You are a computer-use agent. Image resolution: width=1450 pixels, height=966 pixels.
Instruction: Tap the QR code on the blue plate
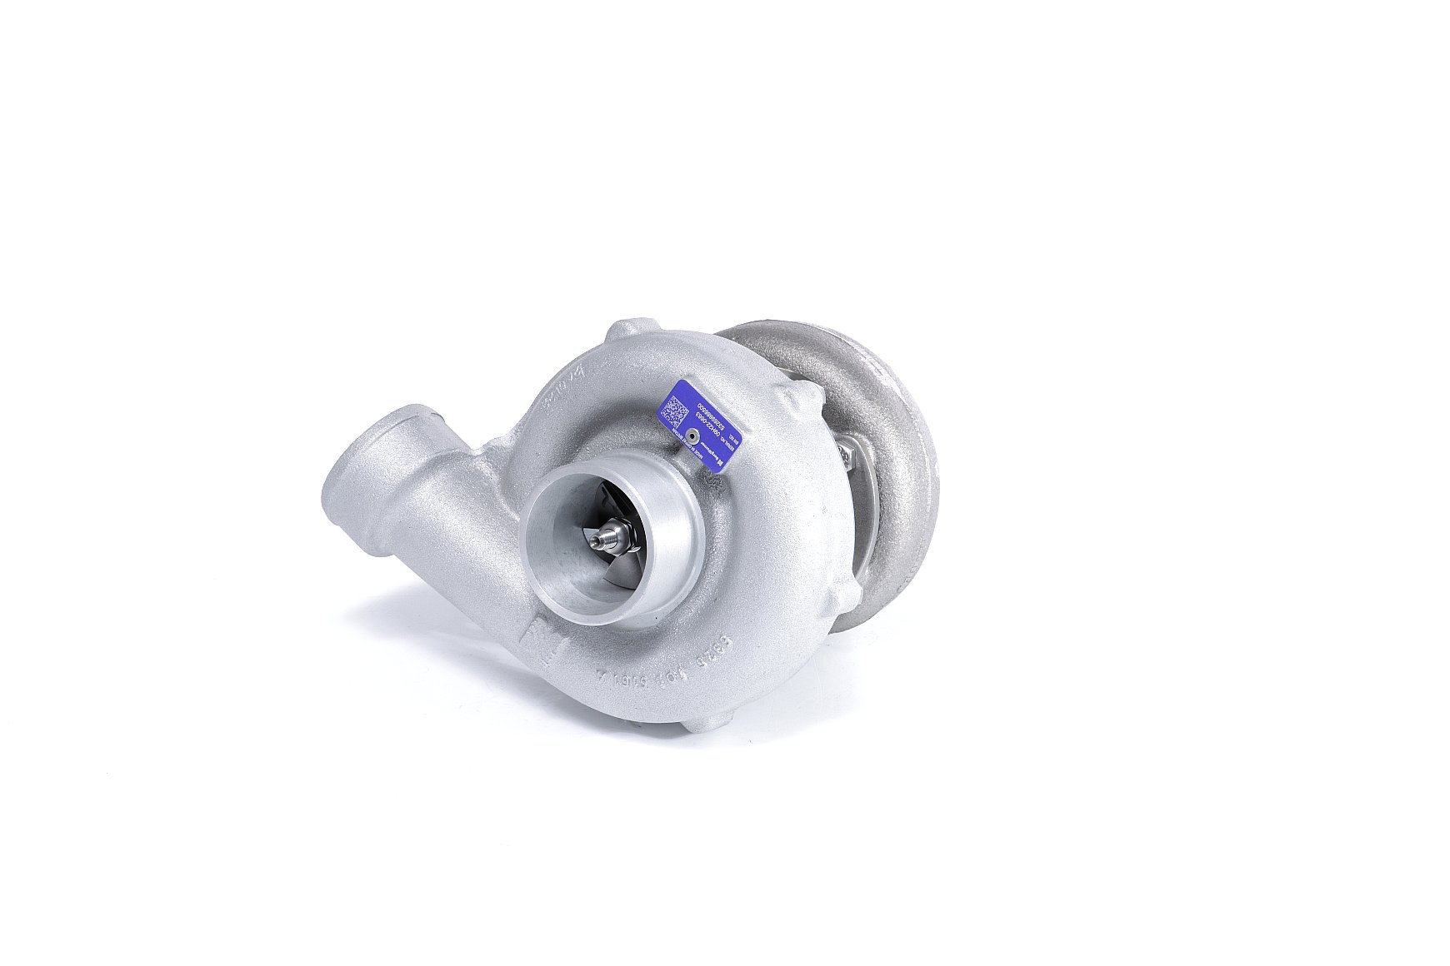click(x=676, y=410)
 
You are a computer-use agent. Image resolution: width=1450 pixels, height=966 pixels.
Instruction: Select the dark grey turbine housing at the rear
click(x=883, y=433)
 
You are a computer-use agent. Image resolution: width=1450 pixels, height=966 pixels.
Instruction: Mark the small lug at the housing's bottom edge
click(x=702, y=721)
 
